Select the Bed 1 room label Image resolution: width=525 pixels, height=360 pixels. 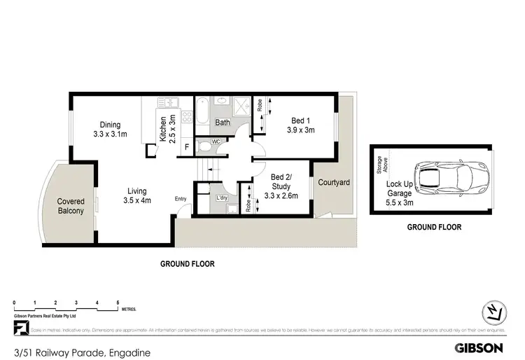(301, 125)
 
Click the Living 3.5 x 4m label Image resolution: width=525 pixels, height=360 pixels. (137, 195)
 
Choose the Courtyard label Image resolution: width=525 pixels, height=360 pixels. (334, 182)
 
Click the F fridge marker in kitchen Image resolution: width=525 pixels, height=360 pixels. (186, 147)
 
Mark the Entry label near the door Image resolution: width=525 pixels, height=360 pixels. (181, 198)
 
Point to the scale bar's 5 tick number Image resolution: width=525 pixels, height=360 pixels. (118, 303)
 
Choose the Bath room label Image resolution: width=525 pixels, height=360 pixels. (223, 123)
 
